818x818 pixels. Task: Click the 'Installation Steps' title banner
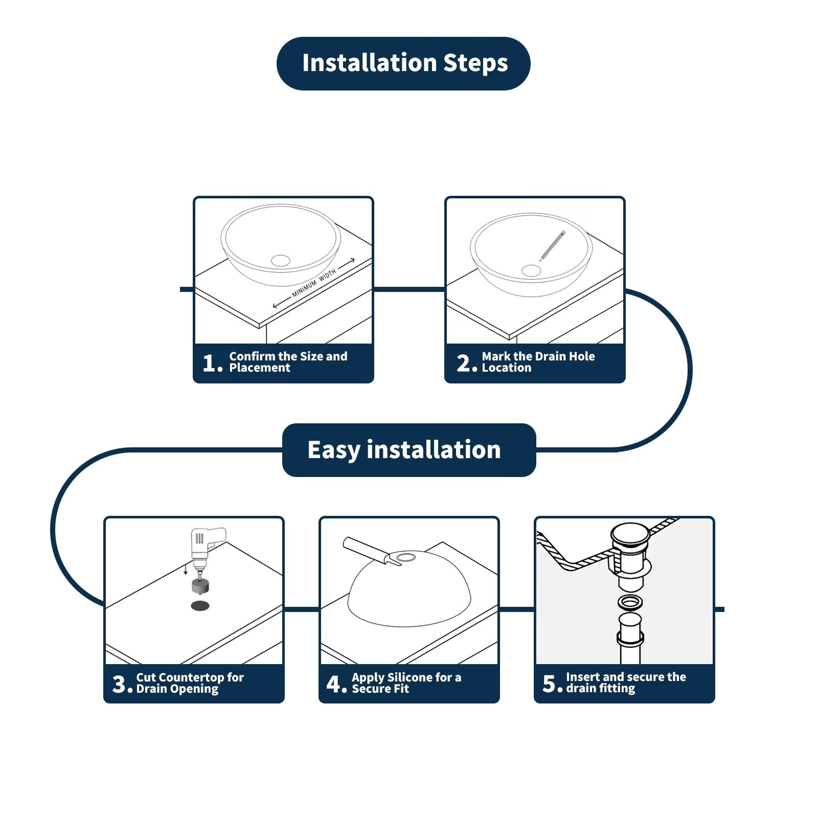tap(403, 63)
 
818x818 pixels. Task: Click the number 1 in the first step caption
tap(210, 363)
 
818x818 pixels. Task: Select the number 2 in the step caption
tap(464, 363)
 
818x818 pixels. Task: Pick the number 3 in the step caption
tap(120, 684)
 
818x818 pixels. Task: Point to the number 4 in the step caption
tap(334, 684)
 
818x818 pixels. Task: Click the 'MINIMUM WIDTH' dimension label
tap(314, 283)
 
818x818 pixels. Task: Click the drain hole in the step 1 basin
tap(281, 261)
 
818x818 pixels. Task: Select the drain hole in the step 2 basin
tap(531, 270)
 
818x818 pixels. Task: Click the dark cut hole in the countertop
tap(200, 606)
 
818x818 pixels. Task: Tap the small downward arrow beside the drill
tap(186, 569)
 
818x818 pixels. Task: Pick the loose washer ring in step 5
tap(630, 602)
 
